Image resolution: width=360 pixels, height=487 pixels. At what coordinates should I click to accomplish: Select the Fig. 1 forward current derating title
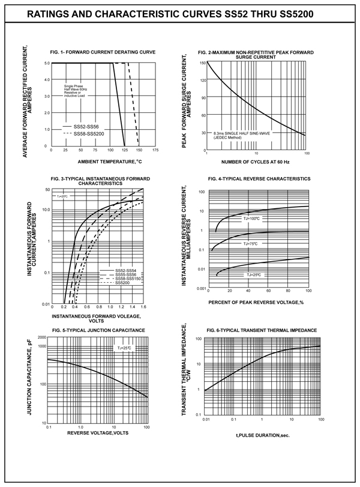(104, 52)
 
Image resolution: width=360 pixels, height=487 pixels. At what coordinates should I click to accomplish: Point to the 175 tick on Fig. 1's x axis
(155, 150)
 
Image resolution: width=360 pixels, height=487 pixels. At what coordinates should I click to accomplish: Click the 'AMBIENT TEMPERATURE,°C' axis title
(109, 162)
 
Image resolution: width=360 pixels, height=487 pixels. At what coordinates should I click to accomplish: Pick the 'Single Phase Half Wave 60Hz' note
(76, 91)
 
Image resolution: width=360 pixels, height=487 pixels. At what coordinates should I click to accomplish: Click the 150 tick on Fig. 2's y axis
(203, 62)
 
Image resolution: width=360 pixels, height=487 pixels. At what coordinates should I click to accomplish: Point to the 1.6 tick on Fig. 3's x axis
(143, 307)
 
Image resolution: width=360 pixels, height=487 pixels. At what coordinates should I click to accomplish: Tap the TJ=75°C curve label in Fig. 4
(250, 243)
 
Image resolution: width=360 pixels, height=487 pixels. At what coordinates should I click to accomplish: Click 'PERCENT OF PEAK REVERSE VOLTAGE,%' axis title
(259, 302)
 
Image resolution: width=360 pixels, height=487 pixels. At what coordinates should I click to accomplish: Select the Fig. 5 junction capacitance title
(99, 331)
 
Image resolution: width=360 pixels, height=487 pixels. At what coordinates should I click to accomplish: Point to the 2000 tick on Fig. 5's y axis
(40, 338)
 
